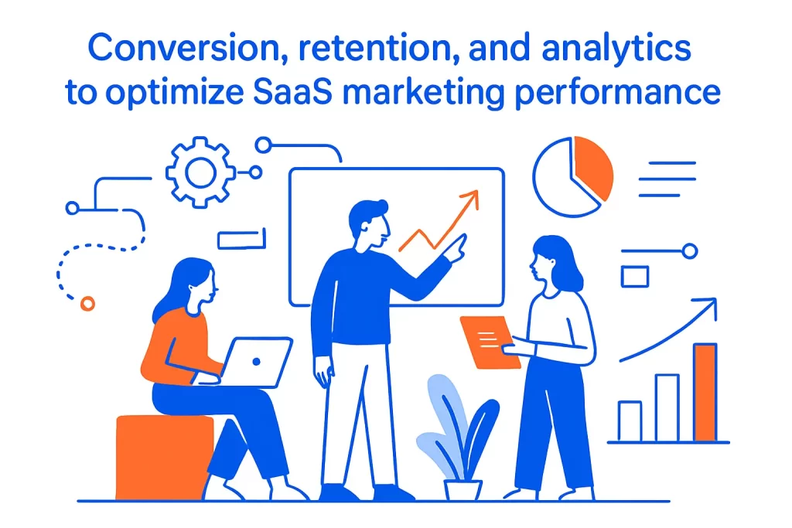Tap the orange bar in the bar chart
tap(705, 392)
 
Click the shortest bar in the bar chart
tap(630, 421)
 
